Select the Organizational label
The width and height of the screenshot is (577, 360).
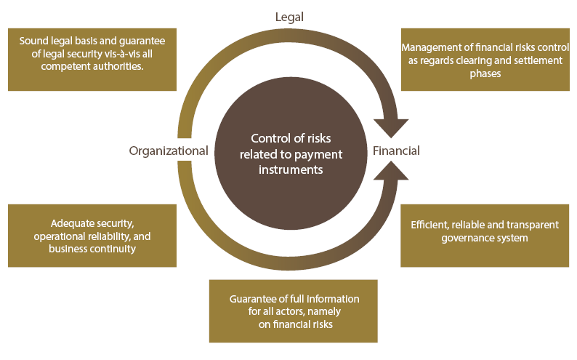pos(169,151)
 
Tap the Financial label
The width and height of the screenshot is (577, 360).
pos(396,151)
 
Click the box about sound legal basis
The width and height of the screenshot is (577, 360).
pos(92,60)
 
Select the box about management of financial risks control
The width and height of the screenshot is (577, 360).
pos(485,60)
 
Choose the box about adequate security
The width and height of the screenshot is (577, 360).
pos(92,236)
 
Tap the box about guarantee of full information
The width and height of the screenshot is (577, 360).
pos(293,311)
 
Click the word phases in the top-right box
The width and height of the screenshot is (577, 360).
pos(485,73)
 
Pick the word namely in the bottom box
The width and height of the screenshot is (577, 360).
pos(326,312)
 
